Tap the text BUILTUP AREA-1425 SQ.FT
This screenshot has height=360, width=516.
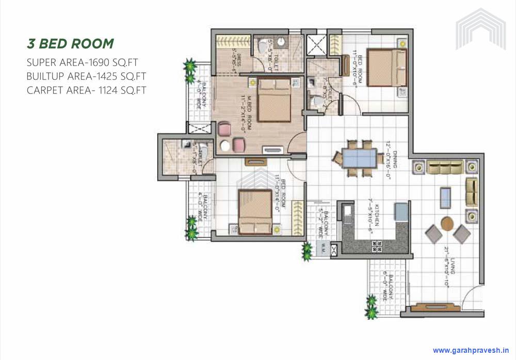87,77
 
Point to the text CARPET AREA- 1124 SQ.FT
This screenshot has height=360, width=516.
87,91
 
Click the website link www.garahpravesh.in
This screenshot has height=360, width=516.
471,349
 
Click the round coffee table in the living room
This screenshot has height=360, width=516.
447,223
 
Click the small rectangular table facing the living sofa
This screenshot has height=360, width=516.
445,197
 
